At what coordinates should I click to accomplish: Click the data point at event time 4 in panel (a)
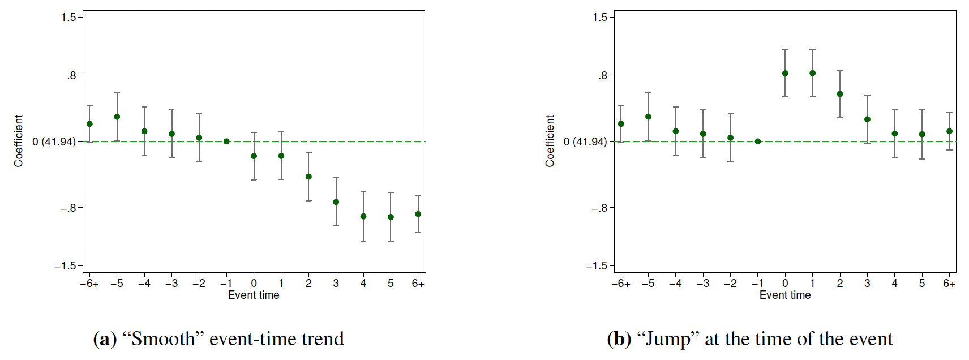(363, 216)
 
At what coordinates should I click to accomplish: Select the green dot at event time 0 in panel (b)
(785, 73)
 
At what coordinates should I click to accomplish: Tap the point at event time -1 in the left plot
(226, 142)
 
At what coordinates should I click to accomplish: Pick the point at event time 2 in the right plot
(840, 94)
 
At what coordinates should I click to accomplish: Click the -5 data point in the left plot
(117, 117)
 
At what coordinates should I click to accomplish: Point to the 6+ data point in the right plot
(949, 131)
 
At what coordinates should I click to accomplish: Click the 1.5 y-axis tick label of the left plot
(68, 18)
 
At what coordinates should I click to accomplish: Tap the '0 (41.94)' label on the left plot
(54, 142)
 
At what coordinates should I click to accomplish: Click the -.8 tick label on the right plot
(599, 208)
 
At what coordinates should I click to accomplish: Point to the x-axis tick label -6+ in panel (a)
(89, 284)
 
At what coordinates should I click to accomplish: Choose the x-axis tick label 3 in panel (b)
(867, 284)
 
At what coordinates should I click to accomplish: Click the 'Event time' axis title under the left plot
(254, 295)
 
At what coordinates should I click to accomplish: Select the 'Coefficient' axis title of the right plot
(550, 141)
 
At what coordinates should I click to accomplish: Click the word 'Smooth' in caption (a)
(164, 338)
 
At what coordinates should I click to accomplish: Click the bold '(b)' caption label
(619, 338)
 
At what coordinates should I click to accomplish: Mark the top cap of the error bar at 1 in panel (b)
(813, 49)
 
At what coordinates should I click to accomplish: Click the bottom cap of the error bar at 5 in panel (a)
(391, 242)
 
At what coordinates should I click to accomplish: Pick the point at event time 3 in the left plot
(336, 202)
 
